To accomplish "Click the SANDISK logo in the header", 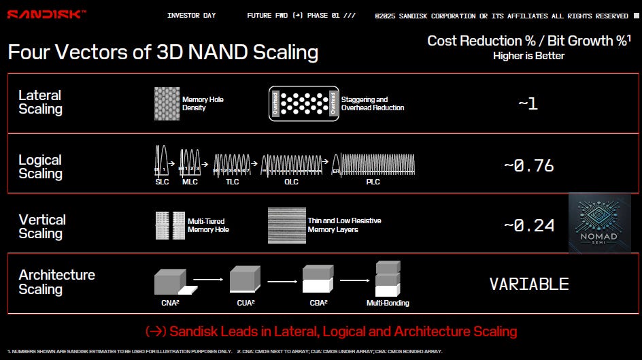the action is [x=46, y=14].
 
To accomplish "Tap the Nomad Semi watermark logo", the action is [x=600, y=223].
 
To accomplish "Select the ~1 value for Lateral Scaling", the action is [x=528, y=104].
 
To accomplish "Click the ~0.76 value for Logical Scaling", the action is [x=528, y=165].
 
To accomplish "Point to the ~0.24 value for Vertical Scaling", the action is [x=529, y=225].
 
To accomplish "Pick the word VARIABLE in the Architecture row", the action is [x=528, y=284].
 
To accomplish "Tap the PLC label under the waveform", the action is [x=373, y=182].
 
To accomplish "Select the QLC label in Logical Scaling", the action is [x=291, y=182].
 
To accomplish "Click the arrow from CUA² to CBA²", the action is [x=282, y=279].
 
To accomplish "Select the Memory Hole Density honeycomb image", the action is [x=166, y=103].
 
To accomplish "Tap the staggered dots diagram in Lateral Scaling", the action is [x=303, y=103].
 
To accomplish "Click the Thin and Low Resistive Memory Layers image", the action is [x=286, y=225].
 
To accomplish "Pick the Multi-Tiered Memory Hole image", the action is [x=169, y=225].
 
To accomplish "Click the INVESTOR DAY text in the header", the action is [x=192, y=16].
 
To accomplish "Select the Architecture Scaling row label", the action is [x=56, y=282].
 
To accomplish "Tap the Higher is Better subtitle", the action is [x=528, y=56].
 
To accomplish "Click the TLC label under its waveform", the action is [x=232, y=182].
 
